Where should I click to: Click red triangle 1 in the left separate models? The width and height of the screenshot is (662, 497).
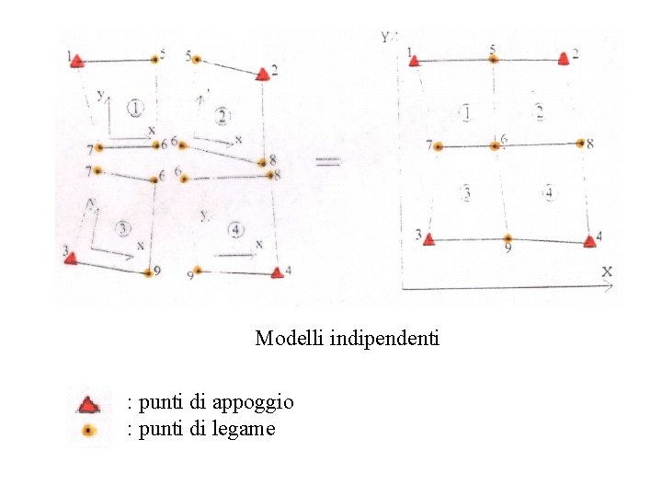(77, 61)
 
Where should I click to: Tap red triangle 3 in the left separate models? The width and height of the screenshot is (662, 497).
(70, 258)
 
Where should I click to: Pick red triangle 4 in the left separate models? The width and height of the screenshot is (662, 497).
(277, 272)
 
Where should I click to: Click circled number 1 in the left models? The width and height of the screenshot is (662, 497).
(136, 109)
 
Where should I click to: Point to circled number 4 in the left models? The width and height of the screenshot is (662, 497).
(237, 229)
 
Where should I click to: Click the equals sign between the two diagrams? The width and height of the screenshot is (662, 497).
(329, 162)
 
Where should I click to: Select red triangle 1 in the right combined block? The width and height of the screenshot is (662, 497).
(415, 61)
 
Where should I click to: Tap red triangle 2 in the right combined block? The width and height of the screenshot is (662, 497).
(563, 59)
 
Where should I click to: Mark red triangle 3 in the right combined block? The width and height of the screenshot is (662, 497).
(427, 238)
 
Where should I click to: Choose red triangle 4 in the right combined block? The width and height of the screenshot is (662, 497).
(589, 241)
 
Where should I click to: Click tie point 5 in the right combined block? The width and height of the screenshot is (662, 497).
(494, 59)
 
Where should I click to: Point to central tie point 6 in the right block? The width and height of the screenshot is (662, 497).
(495, 145)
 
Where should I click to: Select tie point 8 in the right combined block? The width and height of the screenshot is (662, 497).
(580, 143)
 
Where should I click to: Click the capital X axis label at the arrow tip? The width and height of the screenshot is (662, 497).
(607, 272)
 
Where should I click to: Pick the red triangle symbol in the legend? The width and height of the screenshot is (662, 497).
(87, 403)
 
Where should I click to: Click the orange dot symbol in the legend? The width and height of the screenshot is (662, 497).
(88, 430)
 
